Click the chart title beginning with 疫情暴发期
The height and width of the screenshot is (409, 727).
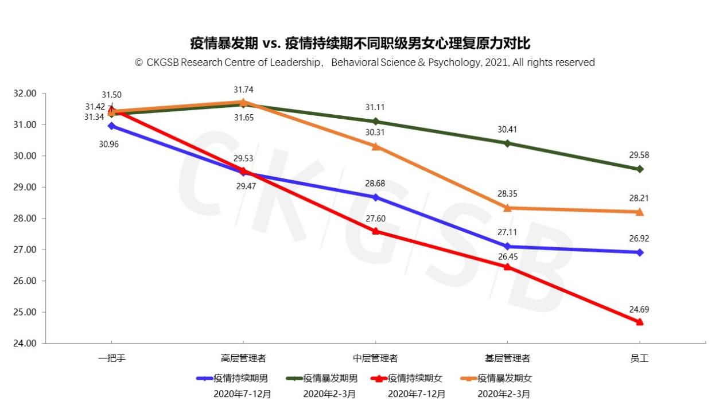tap(360, 44)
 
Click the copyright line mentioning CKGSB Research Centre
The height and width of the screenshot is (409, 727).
tap(365, 63)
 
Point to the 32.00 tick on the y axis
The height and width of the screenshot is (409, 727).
tap(25, 94)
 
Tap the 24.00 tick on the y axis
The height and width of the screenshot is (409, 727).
tap(25, 343)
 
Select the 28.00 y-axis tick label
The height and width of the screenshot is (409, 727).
tap(25, 219)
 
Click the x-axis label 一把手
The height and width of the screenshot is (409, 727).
tap(111, 359)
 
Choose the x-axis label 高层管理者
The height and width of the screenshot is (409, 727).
tap(243, 359)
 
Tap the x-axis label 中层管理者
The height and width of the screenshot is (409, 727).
tap(375, 359)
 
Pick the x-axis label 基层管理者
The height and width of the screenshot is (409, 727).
tap(507, 359)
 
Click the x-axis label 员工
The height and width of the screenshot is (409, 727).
tap(639, 359)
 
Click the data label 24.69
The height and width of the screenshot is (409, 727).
tap(639, 310)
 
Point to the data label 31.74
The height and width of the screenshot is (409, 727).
tap(243, 89)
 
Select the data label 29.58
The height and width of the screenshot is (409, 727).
tap(639, 155)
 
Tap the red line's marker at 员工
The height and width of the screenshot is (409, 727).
tap(639, 322)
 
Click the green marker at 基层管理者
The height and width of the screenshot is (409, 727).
tap(507, 143)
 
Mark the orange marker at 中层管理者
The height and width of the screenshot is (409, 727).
tap(375, 146)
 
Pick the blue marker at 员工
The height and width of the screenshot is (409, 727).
tap(639, 252)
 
